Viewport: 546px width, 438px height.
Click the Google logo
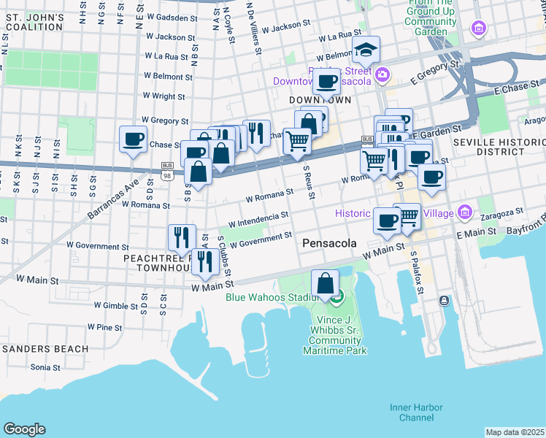tap(24, 429)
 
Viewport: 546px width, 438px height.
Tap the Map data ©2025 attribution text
tap(515, 432)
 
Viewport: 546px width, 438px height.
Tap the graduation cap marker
tap(366, 50)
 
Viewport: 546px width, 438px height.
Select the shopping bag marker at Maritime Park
tap(326, 283)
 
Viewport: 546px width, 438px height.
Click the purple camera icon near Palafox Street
tap(382, 74)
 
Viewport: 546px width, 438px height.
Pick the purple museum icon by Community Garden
tap(479, 28)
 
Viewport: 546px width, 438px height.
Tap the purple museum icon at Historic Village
tap(465, 213)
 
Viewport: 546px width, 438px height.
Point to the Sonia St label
tap(45, 367)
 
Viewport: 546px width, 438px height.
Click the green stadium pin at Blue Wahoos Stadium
tap(337, 297)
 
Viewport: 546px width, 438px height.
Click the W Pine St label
tap(104, 328)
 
